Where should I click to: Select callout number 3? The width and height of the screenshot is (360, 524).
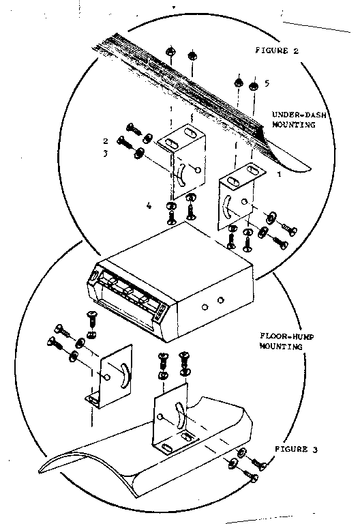click(106, 154)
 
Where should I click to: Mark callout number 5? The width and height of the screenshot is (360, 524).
click(267, 83)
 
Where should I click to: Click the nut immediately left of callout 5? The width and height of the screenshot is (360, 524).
click(254, 85)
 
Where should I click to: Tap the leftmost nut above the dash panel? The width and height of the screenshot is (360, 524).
click(170, 53)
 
